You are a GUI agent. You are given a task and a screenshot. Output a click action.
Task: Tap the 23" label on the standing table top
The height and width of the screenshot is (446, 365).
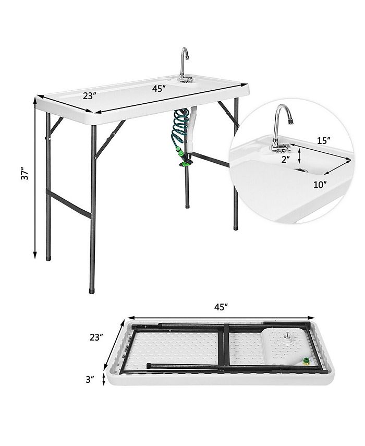(89, 96)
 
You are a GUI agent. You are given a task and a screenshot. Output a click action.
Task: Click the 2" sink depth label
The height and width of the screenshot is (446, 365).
(285, 160)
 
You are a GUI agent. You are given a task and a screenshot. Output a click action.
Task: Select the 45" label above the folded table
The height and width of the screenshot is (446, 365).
(221, 307)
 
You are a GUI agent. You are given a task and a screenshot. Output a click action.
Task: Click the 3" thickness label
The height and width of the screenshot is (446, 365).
(91, 379)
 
